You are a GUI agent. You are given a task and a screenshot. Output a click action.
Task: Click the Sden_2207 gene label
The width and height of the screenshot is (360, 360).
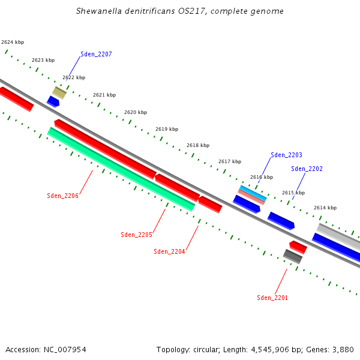[96, 54]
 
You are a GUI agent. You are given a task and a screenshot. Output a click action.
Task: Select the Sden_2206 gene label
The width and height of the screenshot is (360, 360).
[62, 196]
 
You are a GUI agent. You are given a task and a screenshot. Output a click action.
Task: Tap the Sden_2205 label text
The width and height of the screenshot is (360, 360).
[136, 235]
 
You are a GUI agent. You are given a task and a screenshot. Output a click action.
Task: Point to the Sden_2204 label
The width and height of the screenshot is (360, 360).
[169, 251]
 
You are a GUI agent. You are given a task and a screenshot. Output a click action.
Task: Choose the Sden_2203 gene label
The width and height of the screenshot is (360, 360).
[286, 155]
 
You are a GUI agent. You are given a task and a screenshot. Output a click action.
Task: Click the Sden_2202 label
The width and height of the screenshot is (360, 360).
[307, 169]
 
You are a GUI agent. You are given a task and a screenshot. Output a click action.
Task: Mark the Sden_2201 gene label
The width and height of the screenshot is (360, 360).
[272, 298]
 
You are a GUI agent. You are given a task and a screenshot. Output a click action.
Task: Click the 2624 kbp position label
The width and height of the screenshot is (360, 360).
[13, 42]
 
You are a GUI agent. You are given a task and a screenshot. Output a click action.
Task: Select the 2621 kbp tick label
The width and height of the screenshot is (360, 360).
[104, 95]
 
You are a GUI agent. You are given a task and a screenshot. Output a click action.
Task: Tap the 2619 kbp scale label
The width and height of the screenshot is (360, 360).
[167, 129]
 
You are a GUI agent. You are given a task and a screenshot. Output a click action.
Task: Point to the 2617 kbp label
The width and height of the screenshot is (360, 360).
[229, 161]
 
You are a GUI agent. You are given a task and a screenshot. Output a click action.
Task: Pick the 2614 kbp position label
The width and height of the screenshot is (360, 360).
[325, 208]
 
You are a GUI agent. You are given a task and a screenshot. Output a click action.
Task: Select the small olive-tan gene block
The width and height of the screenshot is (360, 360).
[59, 92]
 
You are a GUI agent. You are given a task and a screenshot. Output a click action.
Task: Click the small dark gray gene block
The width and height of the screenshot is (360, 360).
[293, 257]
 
